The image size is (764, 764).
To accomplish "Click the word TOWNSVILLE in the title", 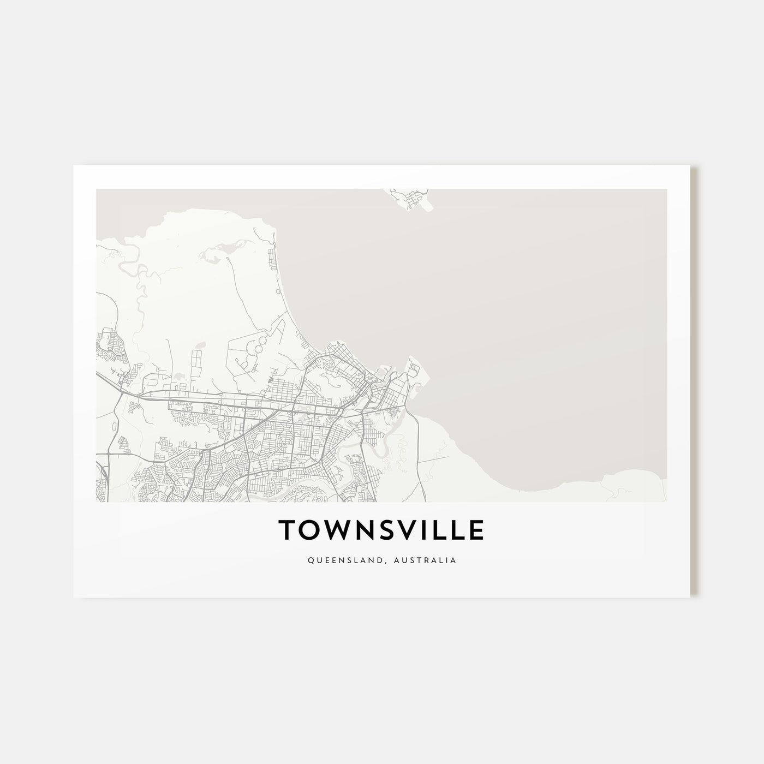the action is (381, 529).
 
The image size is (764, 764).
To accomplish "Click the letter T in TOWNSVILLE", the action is (287, 529).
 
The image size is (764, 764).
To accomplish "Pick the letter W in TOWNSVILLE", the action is (334, 529).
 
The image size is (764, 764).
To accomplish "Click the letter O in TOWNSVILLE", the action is (308, 529).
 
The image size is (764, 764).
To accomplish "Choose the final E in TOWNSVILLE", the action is (476, 529).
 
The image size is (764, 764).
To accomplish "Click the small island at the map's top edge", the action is (413, 199).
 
